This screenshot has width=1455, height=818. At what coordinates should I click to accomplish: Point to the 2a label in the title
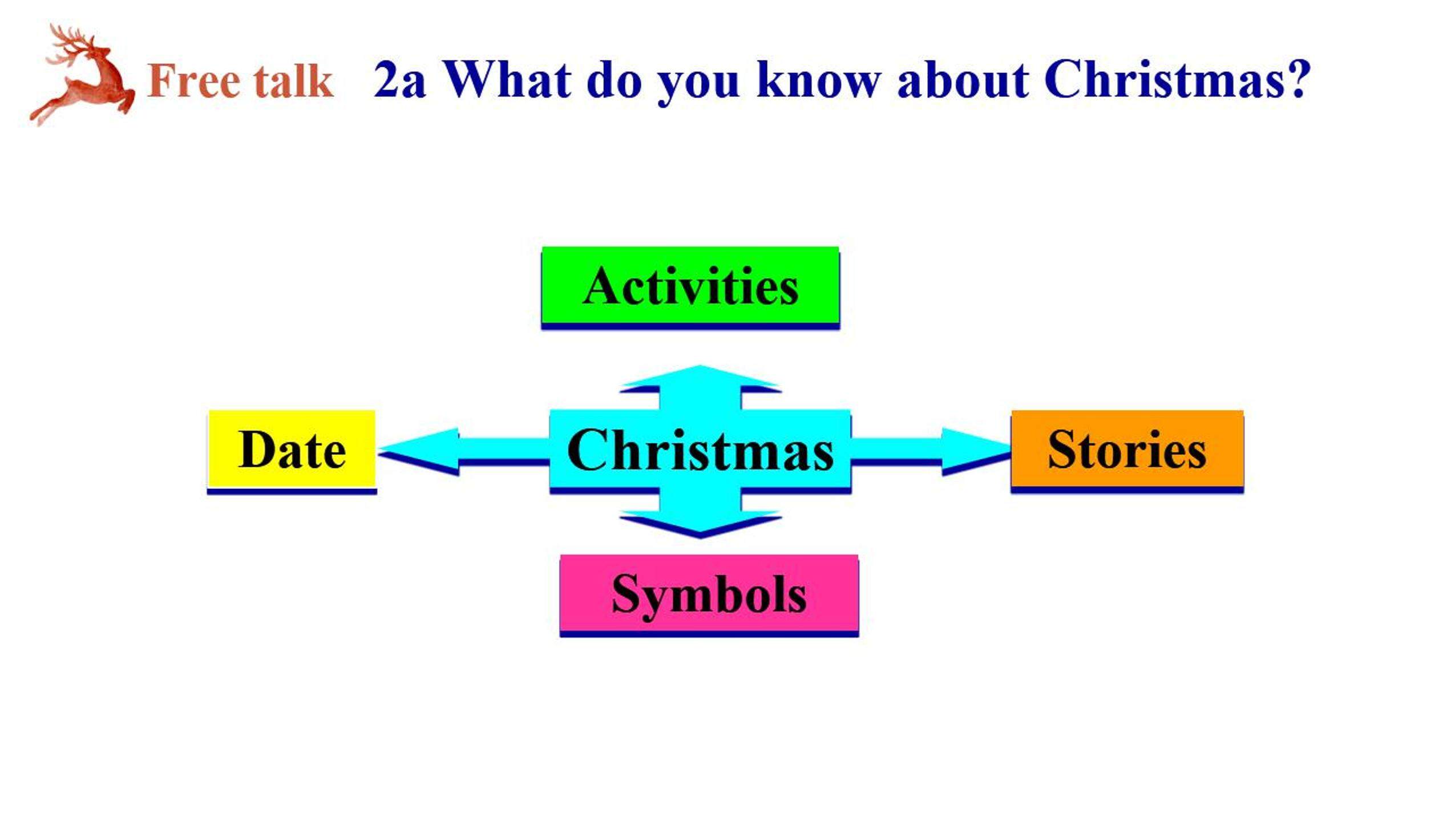coord(399,80)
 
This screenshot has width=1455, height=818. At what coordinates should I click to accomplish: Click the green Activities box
coord(690,287)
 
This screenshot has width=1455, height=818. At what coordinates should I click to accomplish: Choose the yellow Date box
coord(292,452)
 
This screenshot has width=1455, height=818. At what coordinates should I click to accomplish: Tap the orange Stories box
coord(1127,451)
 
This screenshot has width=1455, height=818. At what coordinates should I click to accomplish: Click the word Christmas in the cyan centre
coord(700,451)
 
